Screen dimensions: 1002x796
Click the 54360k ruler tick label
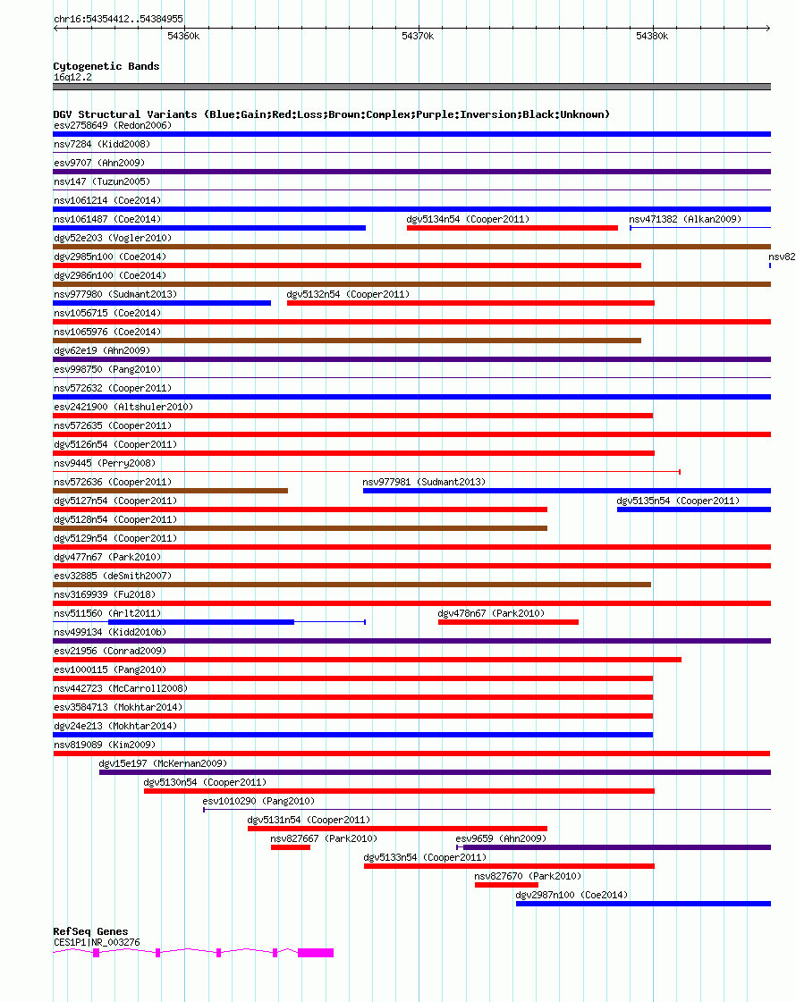coord(183,36)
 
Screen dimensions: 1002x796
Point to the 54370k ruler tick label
coord(418,36)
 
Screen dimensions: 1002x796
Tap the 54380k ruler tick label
coord(652,36)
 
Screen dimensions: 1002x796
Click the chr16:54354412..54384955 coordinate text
coord(118,18)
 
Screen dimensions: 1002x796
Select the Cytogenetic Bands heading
coord(106,66)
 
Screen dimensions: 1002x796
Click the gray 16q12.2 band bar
coord(411,87)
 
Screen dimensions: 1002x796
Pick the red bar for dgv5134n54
coord(512,228)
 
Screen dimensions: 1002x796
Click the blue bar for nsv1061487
coord(209,228)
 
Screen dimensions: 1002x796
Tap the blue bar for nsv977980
coord(162,303)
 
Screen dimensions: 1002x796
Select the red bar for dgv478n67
coord(508,622)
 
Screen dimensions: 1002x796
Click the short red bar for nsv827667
coord(291,847)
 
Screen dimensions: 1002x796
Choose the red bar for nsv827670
coord(506,885)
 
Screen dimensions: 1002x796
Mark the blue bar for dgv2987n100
coord(643,904)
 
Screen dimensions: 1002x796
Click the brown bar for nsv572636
coord(170,491)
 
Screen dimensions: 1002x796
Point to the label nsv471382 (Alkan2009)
coord(685,219)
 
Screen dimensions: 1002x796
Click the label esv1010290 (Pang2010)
coord(258,801)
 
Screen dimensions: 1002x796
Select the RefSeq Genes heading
coord(90,931)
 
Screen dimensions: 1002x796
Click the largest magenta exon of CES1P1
coord(316,953)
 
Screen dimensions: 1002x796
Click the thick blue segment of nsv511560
coord(201,622)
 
